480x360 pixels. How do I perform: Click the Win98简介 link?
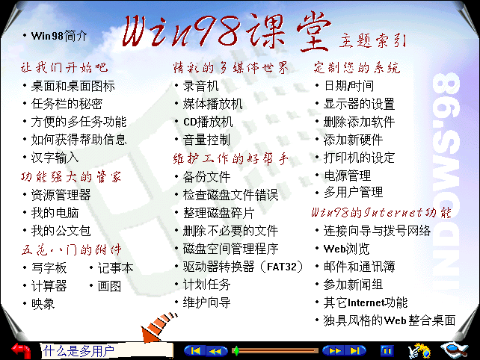pos(59,36)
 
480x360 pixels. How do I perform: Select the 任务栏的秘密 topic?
pos(67,104)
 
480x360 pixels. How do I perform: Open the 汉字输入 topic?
pos(55,158)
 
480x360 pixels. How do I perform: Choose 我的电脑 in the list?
pos(55,213)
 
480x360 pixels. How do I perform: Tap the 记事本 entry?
pos(115,268)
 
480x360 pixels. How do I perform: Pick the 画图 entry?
pos(109,286)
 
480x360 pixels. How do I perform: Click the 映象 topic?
pos(43,304)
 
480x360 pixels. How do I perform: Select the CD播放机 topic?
pos(208,122)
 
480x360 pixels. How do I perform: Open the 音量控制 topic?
pos(206,140)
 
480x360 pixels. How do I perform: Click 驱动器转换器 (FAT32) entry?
pos(243,267)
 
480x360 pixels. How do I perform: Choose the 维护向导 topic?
pos(206,302)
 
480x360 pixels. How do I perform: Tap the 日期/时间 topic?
pos(348,86)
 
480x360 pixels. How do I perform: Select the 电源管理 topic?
pos(348,176)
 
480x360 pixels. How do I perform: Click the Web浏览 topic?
pos(346,249)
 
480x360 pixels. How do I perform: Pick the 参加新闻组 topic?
pos(353,285)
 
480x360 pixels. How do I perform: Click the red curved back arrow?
pos(22,350)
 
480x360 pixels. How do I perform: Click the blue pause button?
pos(387,351)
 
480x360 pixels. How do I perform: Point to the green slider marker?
pos(236,351)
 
